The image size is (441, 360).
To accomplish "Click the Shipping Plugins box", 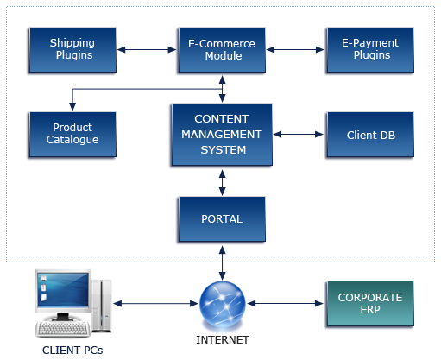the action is coord(72,50).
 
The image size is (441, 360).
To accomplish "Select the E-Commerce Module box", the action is coord(222,50).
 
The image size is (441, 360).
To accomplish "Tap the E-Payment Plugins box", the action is coord(370,50).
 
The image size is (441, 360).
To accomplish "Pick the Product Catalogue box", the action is coord(72,135).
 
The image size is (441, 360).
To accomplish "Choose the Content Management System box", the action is coord(222,135).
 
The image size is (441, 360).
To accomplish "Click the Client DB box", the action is coord(370,135).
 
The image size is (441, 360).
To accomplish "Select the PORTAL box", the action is coord(222,219).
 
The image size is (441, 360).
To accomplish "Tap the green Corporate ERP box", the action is coord(370,304).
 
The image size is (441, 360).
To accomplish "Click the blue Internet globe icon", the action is coord(223,304).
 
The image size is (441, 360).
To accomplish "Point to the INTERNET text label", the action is coord(223,340).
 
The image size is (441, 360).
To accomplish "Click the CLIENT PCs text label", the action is coord(72,351).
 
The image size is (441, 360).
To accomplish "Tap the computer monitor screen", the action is coord(63,289).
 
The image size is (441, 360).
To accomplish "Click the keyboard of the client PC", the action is coord(63,329).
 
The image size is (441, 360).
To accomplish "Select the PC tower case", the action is coord(101,306).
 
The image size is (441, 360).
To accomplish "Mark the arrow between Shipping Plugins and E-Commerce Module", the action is coord(147,50).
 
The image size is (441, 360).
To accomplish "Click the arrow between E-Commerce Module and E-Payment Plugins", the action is coord(295,50).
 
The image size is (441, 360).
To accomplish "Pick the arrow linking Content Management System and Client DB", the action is coord(299,135).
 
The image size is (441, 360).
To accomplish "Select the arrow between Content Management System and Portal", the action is coord(222,183).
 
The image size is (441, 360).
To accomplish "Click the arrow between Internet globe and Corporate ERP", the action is coord(286,304).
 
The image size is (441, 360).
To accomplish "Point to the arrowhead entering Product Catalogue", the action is coord(72,107).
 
